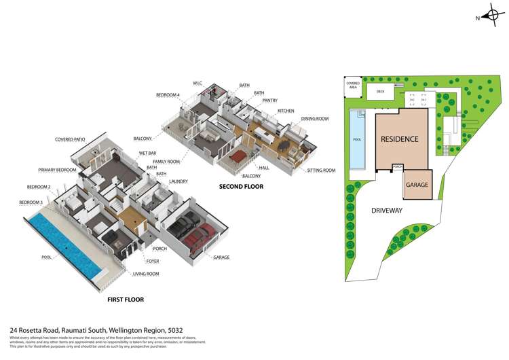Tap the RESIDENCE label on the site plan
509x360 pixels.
pyautogui.click(x=399, y=139)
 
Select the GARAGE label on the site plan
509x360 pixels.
pyautogui.click(x=416, y=184)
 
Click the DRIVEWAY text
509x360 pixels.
pyautogui.click(x=386, y=211)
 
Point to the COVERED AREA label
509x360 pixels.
pyautogui.click(x=352, y=85)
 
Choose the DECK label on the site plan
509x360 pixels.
pyautogui.click(x=380, y=90)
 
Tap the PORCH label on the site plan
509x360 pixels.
pyautogui.click(x=398, y=165)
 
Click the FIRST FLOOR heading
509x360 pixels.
pyautogui.click(x=126, y=299)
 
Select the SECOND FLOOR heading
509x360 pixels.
pyautogui.click(x=241, y=186)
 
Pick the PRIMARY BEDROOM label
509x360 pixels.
pyautogui.click(x=57, y=170)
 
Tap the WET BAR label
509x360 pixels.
pyautogui.click(x=147, y=153)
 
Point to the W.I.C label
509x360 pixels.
pyautogui.click(x=197, y=83)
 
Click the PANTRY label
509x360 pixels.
pyautogui.click(x=269, y=101)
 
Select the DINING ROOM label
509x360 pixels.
pyautogui.click(x=314, y=119)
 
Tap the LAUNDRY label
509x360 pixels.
pyautogui.click(x=178, y=181)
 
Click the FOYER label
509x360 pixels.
pyautogui.click(x=153, y=260)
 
